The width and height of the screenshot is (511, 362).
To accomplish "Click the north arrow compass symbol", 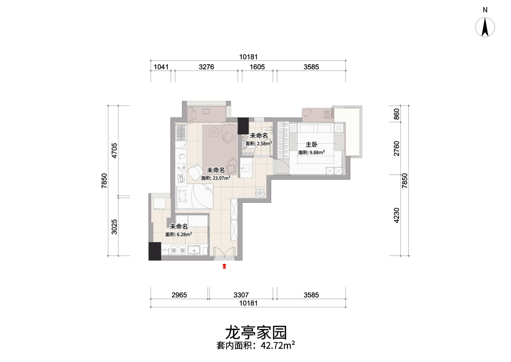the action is (485, 27).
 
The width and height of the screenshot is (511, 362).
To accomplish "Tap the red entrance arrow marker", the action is (224, 266).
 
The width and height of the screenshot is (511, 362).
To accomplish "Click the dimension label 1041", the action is (161, 67).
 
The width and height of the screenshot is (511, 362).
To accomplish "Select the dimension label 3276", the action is (206, 67).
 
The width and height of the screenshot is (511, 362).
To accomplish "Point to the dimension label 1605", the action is (257, 67).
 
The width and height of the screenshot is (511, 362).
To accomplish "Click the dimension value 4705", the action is (114, 151).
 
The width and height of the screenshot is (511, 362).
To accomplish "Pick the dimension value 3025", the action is (114, 227).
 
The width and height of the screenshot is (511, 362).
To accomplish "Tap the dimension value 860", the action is (397, 114).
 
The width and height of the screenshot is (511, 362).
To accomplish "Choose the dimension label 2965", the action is (179, 295).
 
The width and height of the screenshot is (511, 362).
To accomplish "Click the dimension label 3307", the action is (241, 295).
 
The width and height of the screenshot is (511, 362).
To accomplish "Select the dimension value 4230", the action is (397, 215).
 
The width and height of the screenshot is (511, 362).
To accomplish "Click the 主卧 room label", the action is (311, 145).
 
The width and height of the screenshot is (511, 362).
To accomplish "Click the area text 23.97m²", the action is (221, 178).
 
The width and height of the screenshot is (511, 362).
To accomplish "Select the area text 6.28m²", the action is (184, 234).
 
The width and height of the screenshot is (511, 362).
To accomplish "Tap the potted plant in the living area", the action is (260, 193).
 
